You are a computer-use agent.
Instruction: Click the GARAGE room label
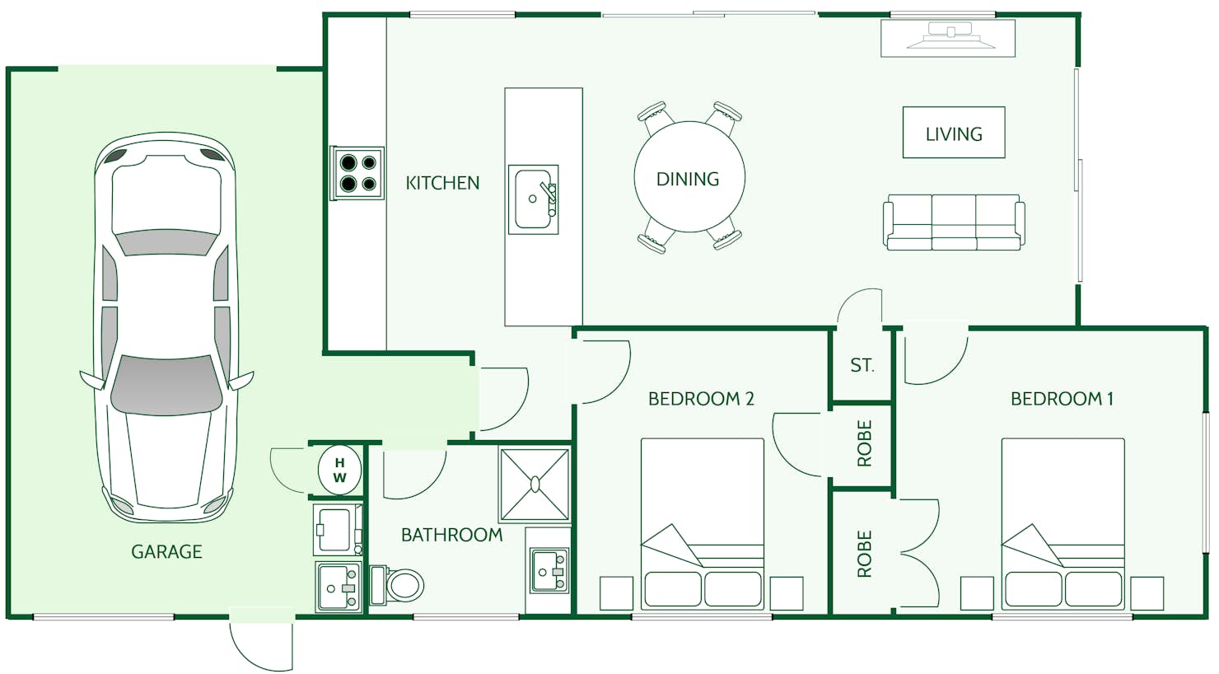pyautogui.click(x=166, y=551)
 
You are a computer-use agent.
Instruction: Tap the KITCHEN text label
pyautogui.click(x=442, y=183)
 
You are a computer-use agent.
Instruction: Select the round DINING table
pyautogui.click(x=689, y=178)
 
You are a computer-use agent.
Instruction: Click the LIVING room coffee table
pyautogui.click(x=953, y=133)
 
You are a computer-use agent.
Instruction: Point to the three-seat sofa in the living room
pyautogui.click(x=954, y=222)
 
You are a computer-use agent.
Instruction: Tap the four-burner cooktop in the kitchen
pyautogui.click(x=357, y=173)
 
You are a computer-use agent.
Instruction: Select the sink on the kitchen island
pyautogui.click(x=534, y=199)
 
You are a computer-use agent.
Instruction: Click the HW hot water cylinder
pyautogui.click(x=339, y=470)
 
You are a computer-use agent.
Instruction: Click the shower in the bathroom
pyautogui.click(x=535, y=484)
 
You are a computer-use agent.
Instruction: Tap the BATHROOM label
pyautogui.click(x=451, y=535)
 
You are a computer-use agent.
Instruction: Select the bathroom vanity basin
pyautogui.click(x=549, y=571)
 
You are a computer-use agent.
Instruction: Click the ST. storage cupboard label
pyautogui.click(x=862, y=365)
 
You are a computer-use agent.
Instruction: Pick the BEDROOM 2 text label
pyautogui.click(x=701, y=399)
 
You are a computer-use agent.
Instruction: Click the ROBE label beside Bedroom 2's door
pyautogui.click(x=864, y=443)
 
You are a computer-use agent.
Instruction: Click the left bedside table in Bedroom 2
pyautogui.click(x=616, y=593)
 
